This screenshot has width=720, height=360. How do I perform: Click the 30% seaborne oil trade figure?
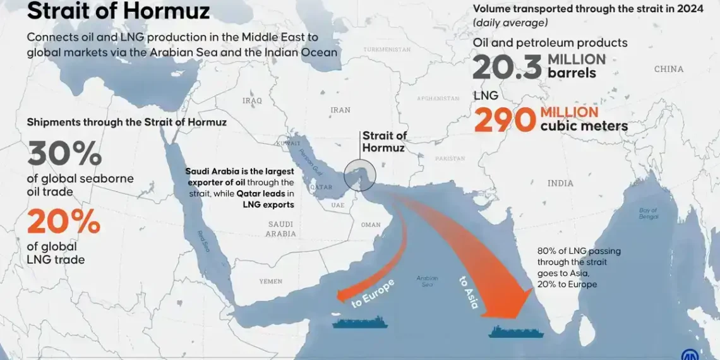pos(64,154)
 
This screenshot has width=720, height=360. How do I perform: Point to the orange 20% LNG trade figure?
pos(63,222)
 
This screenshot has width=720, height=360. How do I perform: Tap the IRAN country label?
pos(340,110)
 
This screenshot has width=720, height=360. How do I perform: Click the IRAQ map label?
pos(252,100)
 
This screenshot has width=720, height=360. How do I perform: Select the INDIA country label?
pos(560,183)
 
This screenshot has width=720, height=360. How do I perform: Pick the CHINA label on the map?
pos(669,69)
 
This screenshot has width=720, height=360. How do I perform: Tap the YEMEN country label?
pos(271,281)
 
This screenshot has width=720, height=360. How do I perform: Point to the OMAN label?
pos(371,225)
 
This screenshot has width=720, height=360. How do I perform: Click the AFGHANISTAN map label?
pos(438,99)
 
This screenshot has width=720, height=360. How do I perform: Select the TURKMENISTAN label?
pos(387,49)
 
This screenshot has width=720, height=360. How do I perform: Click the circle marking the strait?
pos(360,176)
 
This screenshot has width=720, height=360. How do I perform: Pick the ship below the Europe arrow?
pos(355,322)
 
